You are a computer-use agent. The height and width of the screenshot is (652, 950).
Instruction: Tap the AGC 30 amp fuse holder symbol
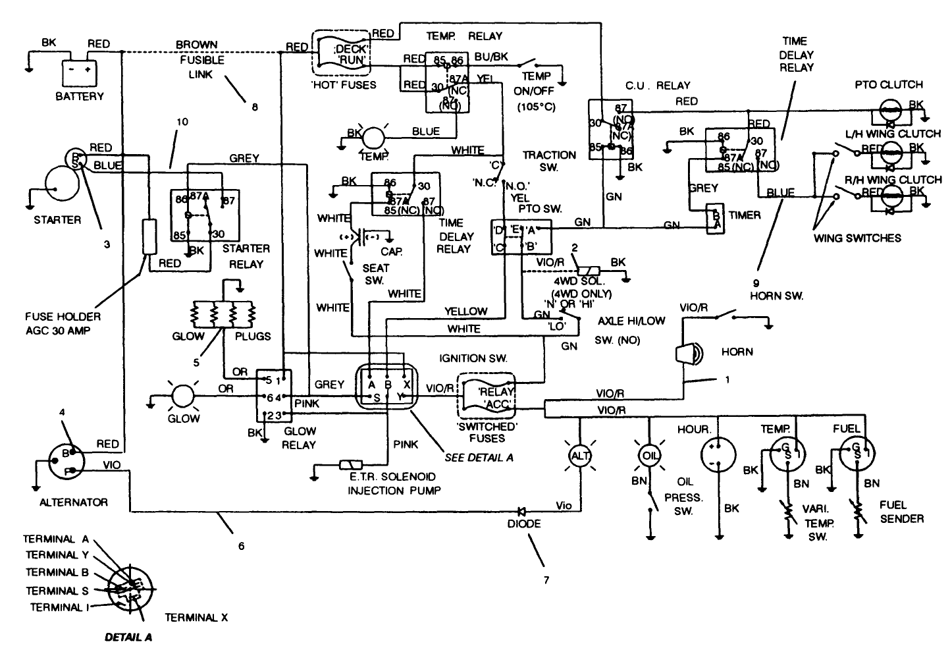point(149,237)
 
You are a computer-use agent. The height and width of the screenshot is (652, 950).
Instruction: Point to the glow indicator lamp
point(182,396)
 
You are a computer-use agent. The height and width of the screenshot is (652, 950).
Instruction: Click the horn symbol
point(687,354)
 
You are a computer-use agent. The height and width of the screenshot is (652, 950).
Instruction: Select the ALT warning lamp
point(580,456)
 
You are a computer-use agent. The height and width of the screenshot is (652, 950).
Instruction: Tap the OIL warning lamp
point(648,456)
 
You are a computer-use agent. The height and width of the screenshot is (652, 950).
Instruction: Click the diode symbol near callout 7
point(521,510)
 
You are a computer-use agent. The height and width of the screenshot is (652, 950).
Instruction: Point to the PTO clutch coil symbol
point(891,111)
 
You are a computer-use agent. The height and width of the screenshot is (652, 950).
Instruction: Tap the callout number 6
point(241,545)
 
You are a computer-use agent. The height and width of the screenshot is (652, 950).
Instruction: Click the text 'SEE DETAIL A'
point(479,457)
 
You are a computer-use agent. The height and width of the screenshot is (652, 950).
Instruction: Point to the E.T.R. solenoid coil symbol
point(347,466)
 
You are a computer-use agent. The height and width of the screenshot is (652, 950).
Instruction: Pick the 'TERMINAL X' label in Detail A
point(196,617)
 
